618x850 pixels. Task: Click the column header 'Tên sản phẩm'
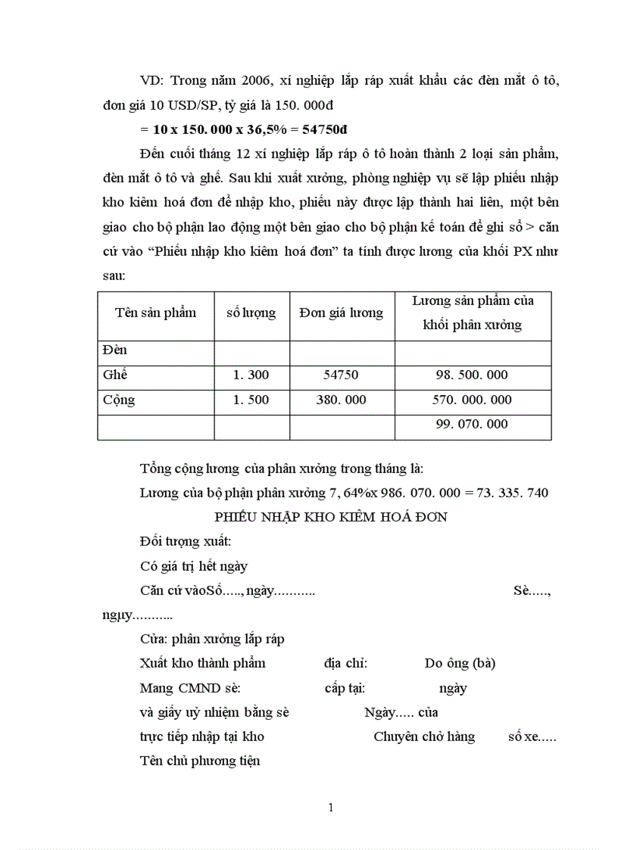point(155,313)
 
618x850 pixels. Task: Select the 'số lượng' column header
point(251,313)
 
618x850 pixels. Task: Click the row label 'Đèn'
point(115,350)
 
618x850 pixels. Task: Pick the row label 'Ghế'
point(116,375)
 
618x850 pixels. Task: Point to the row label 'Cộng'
point(119,400)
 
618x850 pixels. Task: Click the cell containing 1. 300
point(251,375)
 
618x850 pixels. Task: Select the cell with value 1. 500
point(251,400)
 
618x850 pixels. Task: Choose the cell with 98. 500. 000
point(472,375)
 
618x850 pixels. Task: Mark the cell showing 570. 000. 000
point(472,400)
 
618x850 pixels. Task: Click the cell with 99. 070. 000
point(472,425)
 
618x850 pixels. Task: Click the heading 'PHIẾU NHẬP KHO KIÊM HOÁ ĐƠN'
point(331,518)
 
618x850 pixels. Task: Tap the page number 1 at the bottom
point(331,808)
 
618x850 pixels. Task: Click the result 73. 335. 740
point(512,493)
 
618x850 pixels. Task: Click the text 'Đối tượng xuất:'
point(186,542)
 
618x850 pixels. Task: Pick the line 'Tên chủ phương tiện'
point(200,761)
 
